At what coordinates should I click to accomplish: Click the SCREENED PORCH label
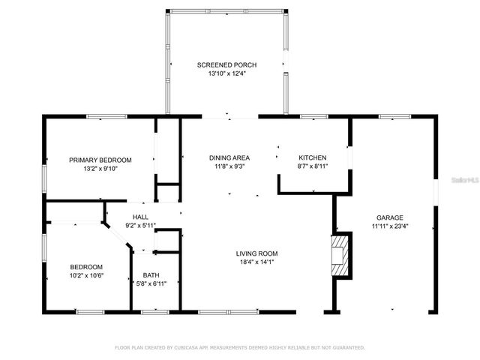pyautogui.click(x=225, y=65)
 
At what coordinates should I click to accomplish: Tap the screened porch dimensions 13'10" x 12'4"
pyautogui.click(x=225, y=73)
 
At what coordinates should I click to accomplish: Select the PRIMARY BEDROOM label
pyautogui.click(x=100, y=160)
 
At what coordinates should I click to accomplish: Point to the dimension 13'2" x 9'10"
pyautogui.click(x=100, y=168)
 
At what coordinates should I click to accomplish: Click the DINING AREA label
pyautogui.click(x=229, y=157)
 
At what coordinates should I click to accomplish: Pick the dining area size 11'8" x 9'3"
pyautogui.click(x=229, y=166)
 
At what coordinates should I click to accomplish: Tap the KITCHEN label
pyautogui.click(x=312, y=157)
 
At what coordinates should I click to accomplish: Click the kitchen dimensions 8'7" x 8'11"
pyautogui.click(x=312, y=166)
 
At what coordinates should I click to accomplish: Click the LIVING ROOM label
pyautogui.click(x=257, y=253)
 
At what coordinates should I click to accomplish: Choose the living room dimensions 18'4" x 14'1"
pyautogui.click(x=257, y=262)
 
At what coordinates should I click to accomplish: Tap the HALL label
pyautogui.click(x=140, y=217)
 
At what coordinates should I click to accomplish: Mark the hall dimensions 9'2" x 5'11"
pyautogui.click(x=140, y=225)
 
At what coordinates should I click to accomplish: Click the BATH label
pyautogui.click(x=151, y=274)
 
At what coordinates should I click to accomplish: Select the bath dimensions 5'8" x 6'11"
pyautogui.click(x=151, y=283)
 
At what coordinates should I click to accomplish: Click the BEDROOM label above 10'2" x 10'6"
pyautogui.click(x=86, y=267)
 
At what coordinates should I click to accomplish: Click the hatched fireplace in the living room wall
pyautogui.click(x=341, y=256)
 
